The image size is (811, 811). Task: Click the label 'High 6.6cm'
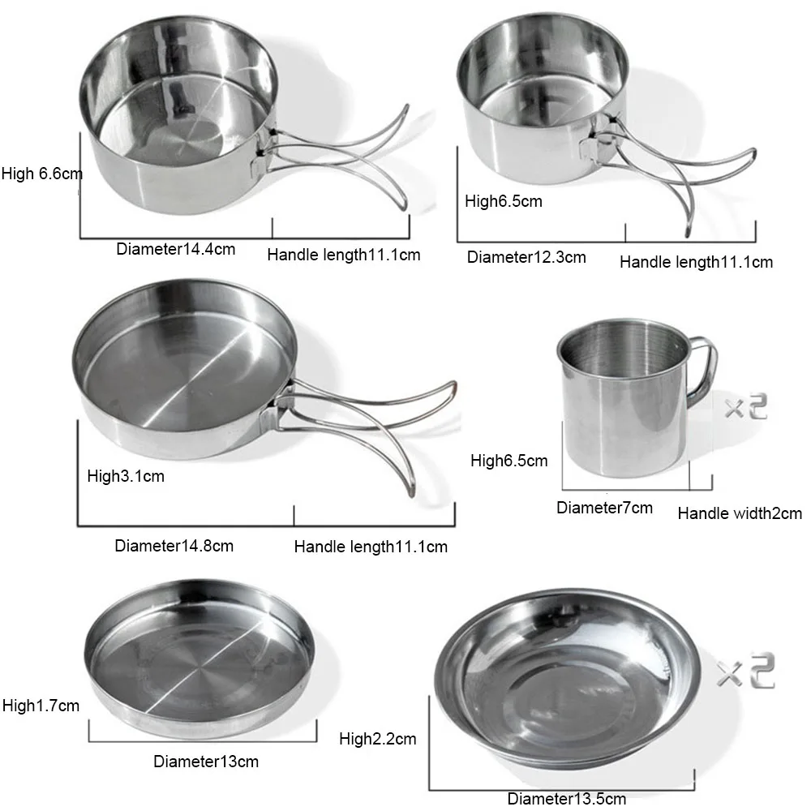pos(42,173)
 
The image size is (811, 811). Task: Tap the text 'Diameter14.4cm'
pos(175,249)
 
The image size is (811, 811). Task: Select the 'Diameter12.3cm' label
pos(526,258)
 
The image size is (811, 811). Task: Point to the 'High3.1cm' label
pos(126,476)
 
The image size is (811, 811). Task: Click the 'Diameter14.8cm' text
pos(174,546)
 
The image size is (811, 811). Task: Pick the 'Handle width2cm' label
pos(740,513)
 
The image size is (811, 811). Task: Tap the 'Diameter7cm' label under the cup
pos(604,508)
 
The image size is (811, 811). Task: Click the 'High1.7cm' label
pos(41,706)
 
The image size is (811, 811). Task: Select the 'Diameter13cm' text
pos(206,762)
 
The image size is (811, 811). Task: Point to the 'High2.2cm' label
pos(378,739)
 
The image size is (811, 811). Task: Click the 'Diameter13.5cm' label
pos(567,799)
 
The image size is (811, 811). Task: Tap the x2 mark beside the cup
pos(745,407)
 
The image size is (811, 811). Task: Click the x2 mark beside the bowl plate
pos(745,673)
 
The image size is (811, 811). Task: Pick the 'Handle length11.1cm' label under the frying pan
pos(371,547)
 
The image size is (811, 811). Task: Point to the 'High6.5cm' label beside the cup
pos(509,461)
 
